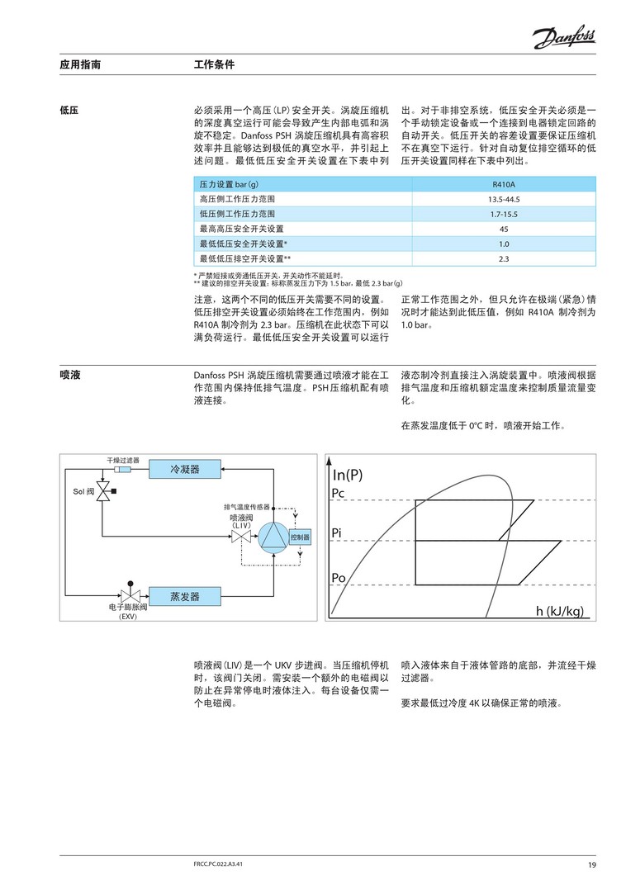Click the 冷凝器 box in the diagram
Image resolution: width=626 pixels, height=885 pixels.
185,469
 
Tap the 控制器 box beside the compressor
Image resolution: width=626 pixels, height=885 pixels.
300,537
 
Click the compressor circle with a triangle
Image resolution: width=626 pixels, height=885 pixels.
272,537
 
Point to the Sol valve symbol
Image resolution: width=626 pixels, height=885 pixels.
103,492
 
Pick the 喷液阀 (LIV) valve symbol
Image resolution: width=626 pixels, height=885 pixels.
240,537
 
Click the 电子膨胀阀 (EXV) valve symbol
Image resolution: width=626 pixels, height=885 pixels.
129,595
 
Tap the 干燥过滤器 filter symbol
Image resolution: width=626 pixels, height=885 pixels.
122,469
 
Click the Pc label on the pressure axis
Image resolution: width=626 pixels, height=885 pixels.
339,493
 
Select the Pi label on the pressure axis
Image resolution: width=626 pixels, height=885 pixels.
337,532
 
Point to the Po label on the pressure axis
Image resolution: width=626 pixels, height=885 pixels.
339,576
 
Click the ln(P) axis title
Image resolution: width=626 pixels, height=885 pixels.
348,475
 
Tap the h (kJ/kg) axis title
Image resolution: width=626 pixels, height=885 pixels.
559,611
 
